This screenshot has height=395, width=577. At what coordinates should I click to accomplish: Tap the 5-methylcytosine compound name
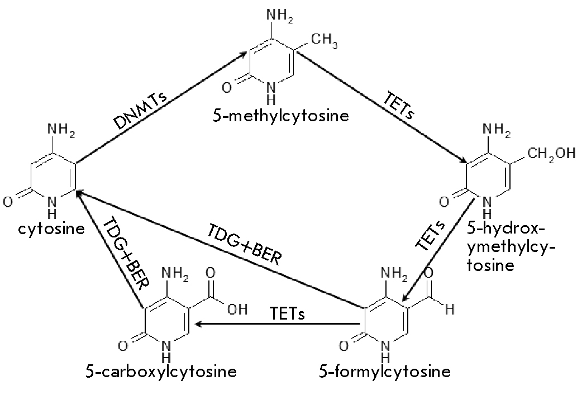[x=280, y=116]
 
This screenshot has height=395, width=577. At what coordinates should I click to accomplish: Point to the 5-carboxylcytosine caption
[x=161, y=371]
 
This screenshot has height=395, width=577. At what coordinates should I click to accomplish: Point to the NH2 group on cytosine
[x=61, y=129]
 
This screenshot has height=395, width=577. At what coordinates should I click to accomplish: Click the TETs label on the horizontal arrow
[x=287, y=313]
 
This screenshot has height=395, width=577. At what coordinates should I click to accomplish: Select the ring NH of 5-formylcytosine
[x=385, y=349]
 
